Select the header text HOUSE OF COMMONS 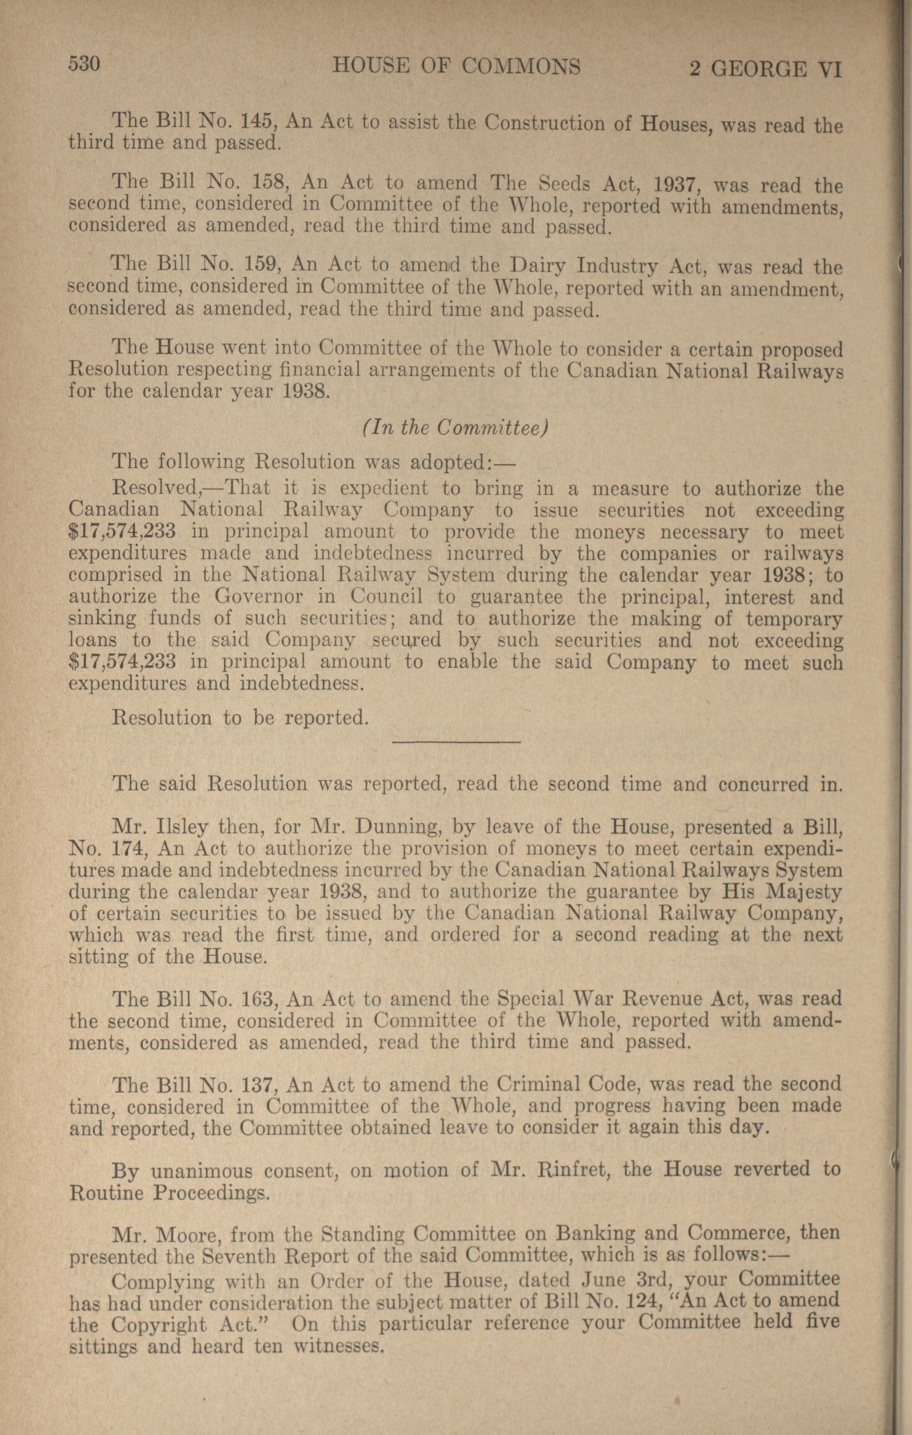[456, 66]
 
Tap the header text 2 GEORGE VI [765, 70]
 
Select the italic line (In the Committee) [455, 428]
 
